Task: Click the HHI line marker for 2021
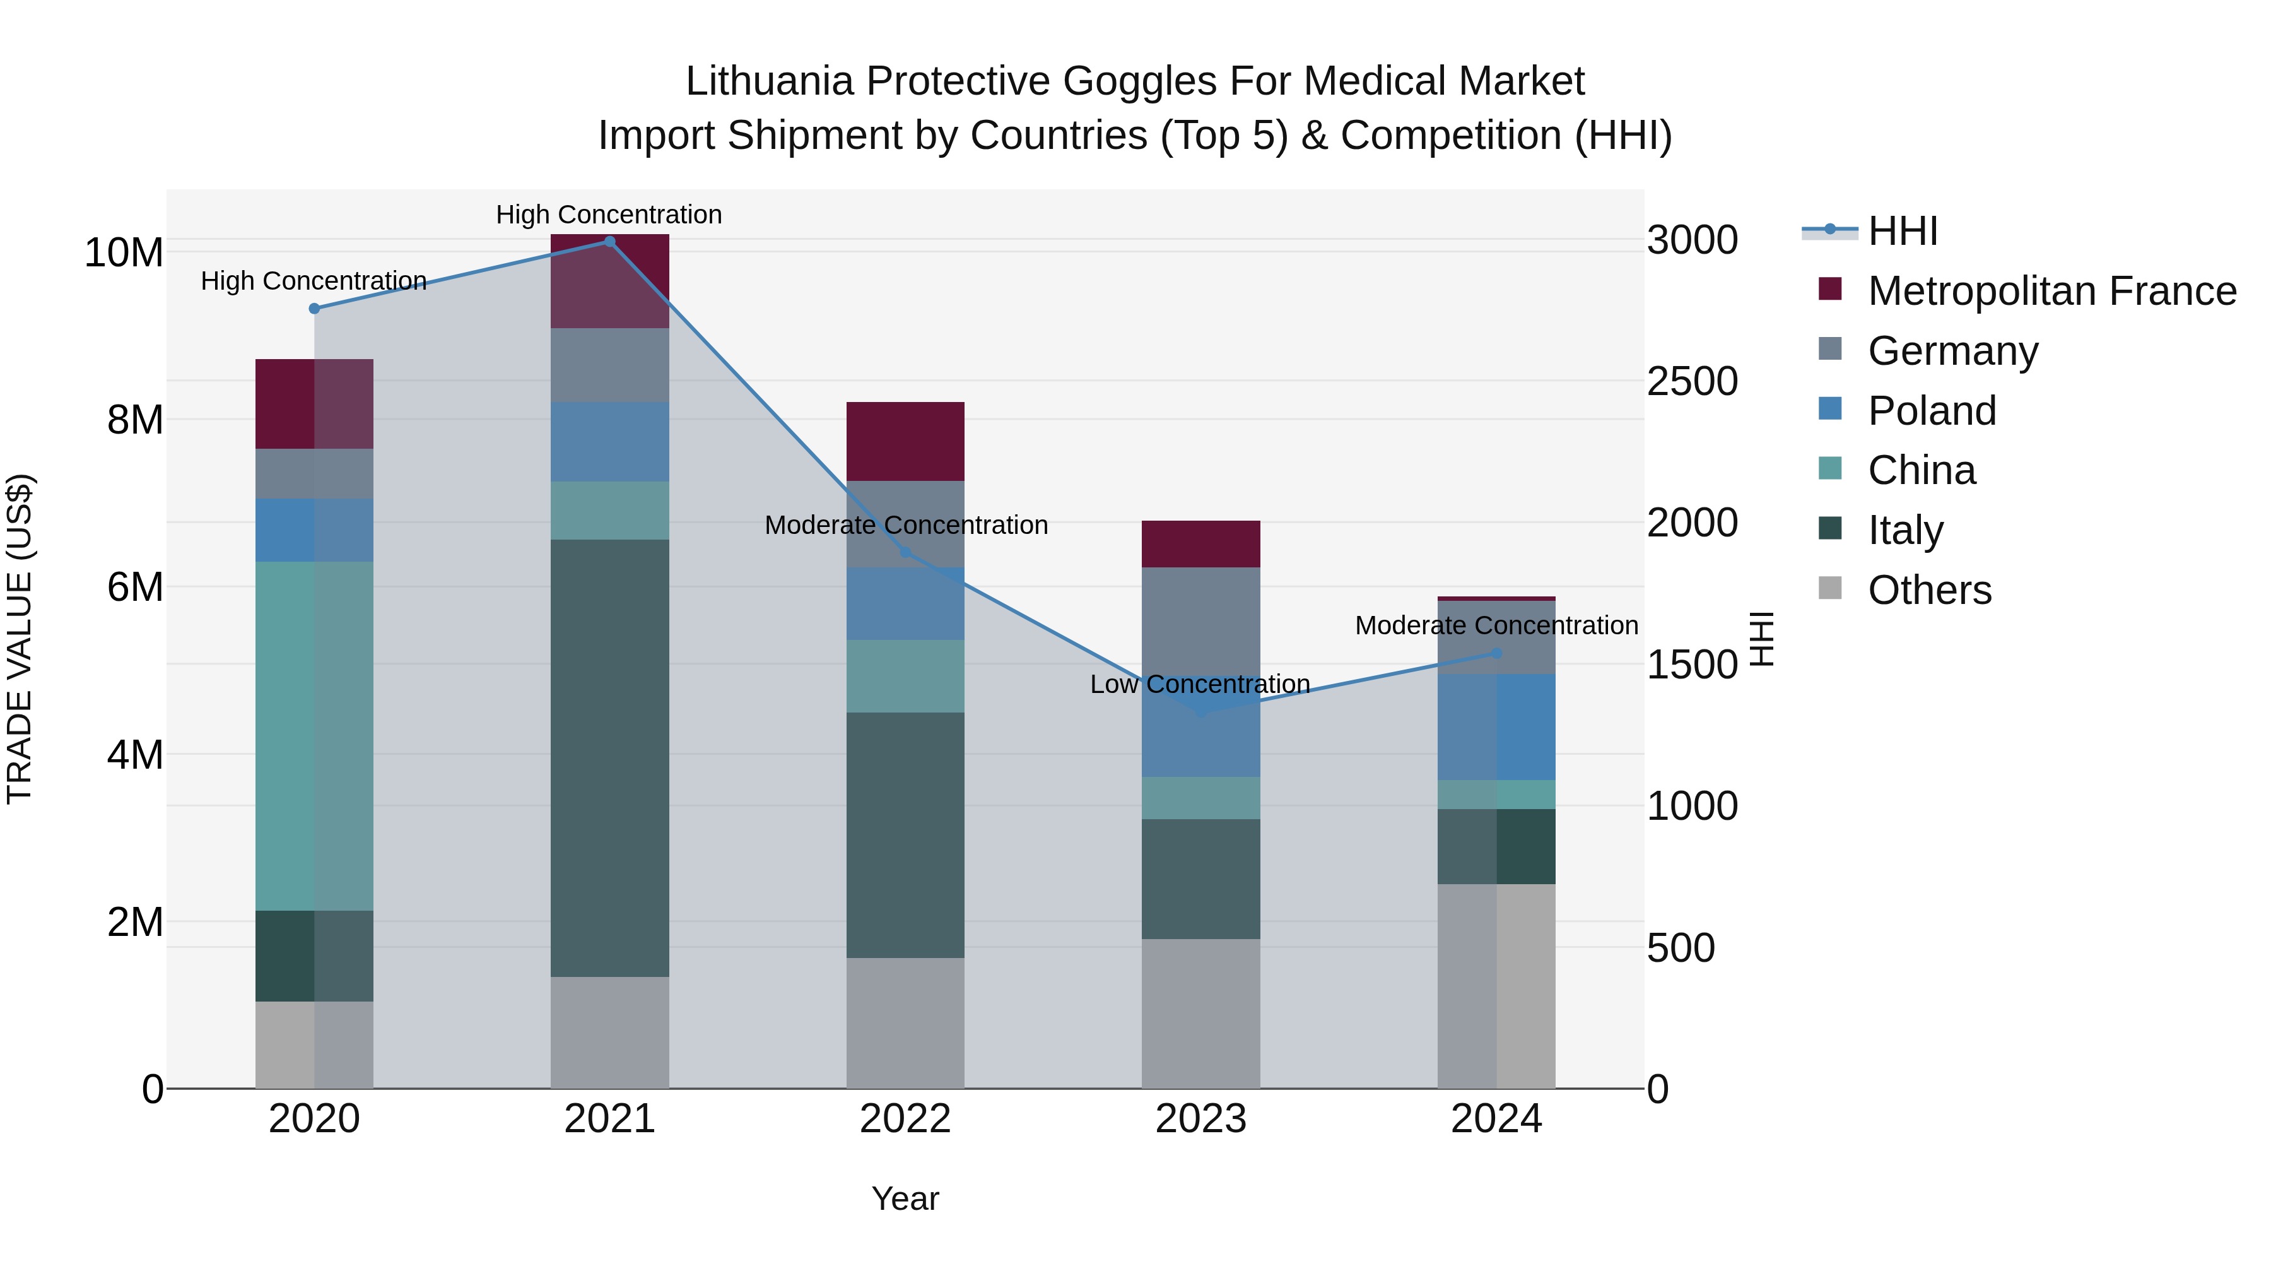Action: point(609,242)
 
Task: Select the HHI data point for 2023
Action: point(1200,711)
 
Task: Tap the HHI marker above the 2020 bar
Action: point(314,309)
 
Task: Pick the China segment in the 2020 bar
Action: point(314,736)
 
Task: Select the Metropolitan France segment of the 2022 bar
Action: point(905,441)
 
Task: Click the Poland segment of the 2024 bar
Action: point(1496,727)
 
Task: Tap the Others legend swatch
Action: point(1830,588)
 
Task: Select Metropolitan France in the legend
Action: point(2051,291)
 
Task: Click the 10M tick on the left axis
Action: point(124,253)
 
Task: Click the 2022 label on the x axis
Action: point(905,1119)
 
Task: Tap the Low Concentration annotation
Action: point(1199,684)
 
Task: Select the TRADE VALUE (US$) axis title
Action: point(20,639)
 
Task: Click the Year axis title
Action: point(905,1198)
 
